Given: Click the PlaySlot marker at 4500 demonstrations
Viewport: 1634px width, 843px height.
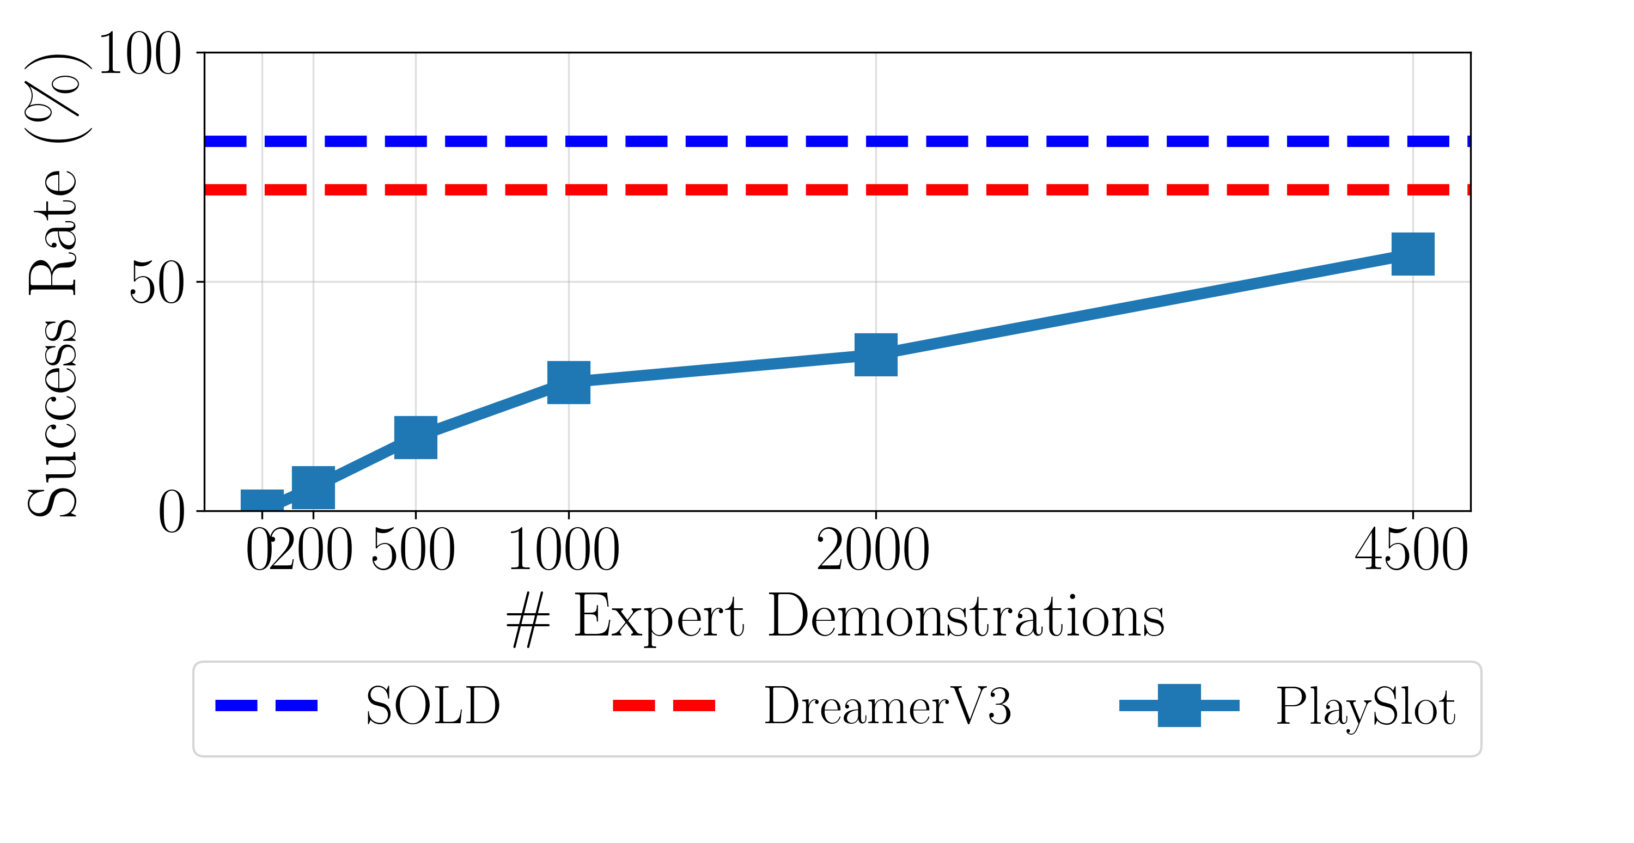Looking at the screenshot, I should [x=1413, y=254].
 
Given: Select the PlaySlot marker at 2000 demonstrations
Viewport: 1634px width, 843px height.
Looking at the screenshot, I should [x=875, y=355].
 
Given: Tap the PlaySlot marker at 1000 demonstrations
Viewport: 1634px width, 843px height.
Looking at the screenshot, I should [x=568, y=382].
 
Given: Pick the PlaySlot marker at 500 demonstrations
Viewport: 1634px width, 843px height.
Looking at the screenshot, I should [x=416, y=437].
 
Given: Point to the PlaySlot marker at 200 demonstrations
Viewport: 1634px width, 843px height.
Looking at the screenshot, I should [x=313, y=487].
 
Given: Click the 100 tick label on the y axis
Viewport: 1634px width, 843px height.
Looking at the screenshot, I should [x=139, y=54].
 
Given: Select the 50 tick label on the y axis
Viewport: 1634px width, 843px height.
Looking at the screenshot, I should [x=157, y=283].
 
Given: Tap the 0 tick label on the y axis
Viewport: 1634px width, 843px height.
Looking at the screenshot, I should [x=171, y=512].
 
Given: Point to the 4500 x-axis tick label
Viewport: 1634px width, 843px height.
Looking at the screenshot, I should [x=1411, y=550].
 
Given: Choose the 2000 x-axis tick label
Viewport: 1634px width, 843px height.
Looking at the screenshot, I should [x=873, y=550].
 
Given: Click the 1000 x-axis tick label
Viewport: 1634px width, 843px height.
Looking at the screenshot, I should [x=564, y=550].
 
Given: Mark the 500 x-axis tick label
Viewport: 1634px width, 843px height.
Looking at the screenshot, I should [x=413, y=550].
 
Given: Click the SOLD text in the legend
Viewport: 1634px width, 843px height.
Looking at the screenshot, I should [x=433, y=705].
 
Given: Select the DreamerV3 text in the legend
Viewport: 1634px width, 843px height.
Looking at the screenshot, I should [x=887, y=705].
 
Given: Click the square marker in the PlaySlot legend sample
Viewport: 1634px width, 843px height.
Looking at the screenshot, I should [x=1179, y=705].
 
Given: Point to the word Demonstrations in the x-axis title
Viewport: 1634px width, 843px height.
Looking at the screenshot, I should [x=966, y=616].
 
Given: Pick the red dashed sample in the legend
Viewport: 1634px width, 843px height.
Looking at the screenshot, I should [x=663, y=705].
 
